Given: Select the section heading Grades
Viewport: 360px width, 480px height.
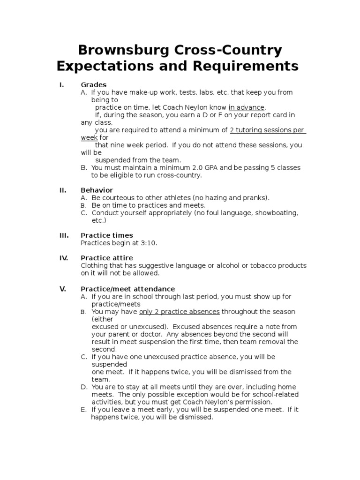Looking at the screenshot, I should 94,85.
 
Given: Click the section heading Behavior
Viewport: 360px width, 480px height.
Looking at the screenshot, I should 97,190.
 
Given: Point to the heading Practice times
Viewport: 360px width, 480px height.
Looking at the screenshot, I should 107,235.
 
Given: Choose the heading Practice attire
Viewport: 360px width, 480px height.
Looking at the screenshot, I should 107,258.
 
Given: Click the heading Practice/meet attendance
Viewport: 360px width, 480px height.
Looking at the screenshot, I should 127,289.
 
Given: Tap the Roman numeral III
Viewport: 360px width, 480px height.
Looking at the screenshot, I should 64,235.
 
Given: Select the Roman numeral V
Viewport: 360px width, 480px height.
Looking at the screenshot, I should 63,289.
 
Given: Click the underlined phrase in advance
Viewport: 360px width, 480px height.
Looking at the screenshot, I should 247,107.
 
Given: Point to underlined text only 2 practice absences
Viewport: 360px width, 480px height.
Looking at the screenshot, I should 180,312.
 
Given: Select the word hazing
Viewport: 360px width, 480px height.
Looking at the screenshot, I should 217,198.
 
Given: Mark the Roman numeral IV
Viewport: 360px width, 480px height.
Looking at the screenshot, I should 64,258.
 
